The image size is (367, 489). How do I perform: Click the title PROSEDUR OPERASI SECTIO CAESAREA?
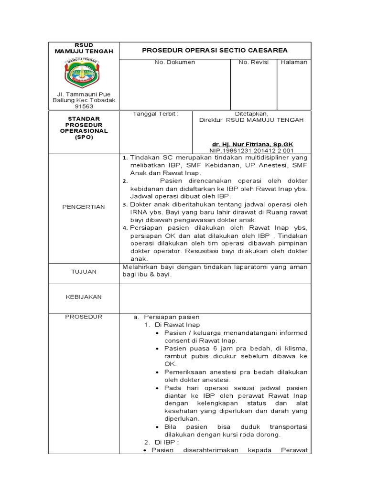point(215,50)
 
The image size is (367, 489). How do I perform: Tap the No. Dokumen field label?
point(174,63)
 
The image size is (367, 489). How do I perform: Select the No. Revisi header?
point(253,63)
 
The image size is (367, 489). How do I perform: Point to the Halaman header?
point(294,63)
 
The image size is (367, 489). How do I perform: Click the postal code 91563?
point(84,107)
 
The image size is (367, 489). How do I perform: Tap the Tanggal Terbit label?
point(155,114)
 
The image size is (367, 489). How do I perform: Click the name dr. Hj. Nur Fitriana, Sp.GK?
point(252,144)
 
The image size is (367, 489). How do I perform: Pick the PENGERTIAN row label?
point(84,207)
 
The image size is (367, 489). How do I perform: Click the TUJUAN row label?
point(84,271)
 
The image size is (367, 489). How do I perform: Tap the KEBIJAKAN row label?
point(84,297)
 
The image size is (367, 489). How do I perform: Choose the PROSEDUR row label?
point(84,317)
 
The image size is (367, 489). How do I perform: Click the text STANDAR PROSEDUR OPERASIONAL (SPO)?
point(84,128)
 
